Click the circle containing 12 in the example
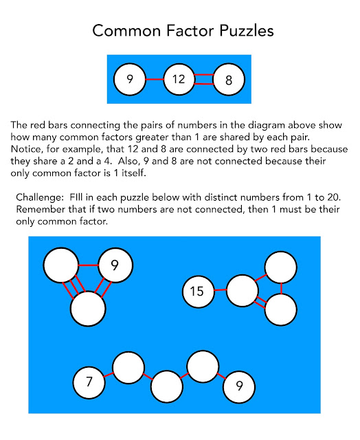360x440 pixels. point(179,79)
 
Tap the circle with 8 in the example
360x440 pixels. point(229,79)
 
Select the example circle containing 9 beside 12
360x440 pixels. point(130,79)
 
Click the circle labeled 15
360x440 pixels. point(197,291)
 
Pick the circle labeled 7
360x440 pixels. point(89,383)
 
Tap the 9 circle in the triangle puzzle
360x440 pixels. point(115,265)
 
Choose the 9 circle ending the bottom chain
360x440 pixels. point(239,386)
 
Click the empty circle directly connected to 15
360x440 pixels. point(242,291)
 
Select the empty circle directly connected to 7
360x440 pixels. point(128,368)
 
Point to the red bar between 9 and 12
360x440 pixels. point(154,79)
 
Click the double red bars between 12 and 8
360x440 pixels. point(204,79)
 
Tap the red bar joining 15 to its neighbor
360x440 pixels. point(220,291)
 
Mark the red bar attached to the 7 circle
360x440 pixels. point(109,375)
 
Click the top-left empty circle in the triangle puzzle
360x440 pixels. point(61,265)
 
